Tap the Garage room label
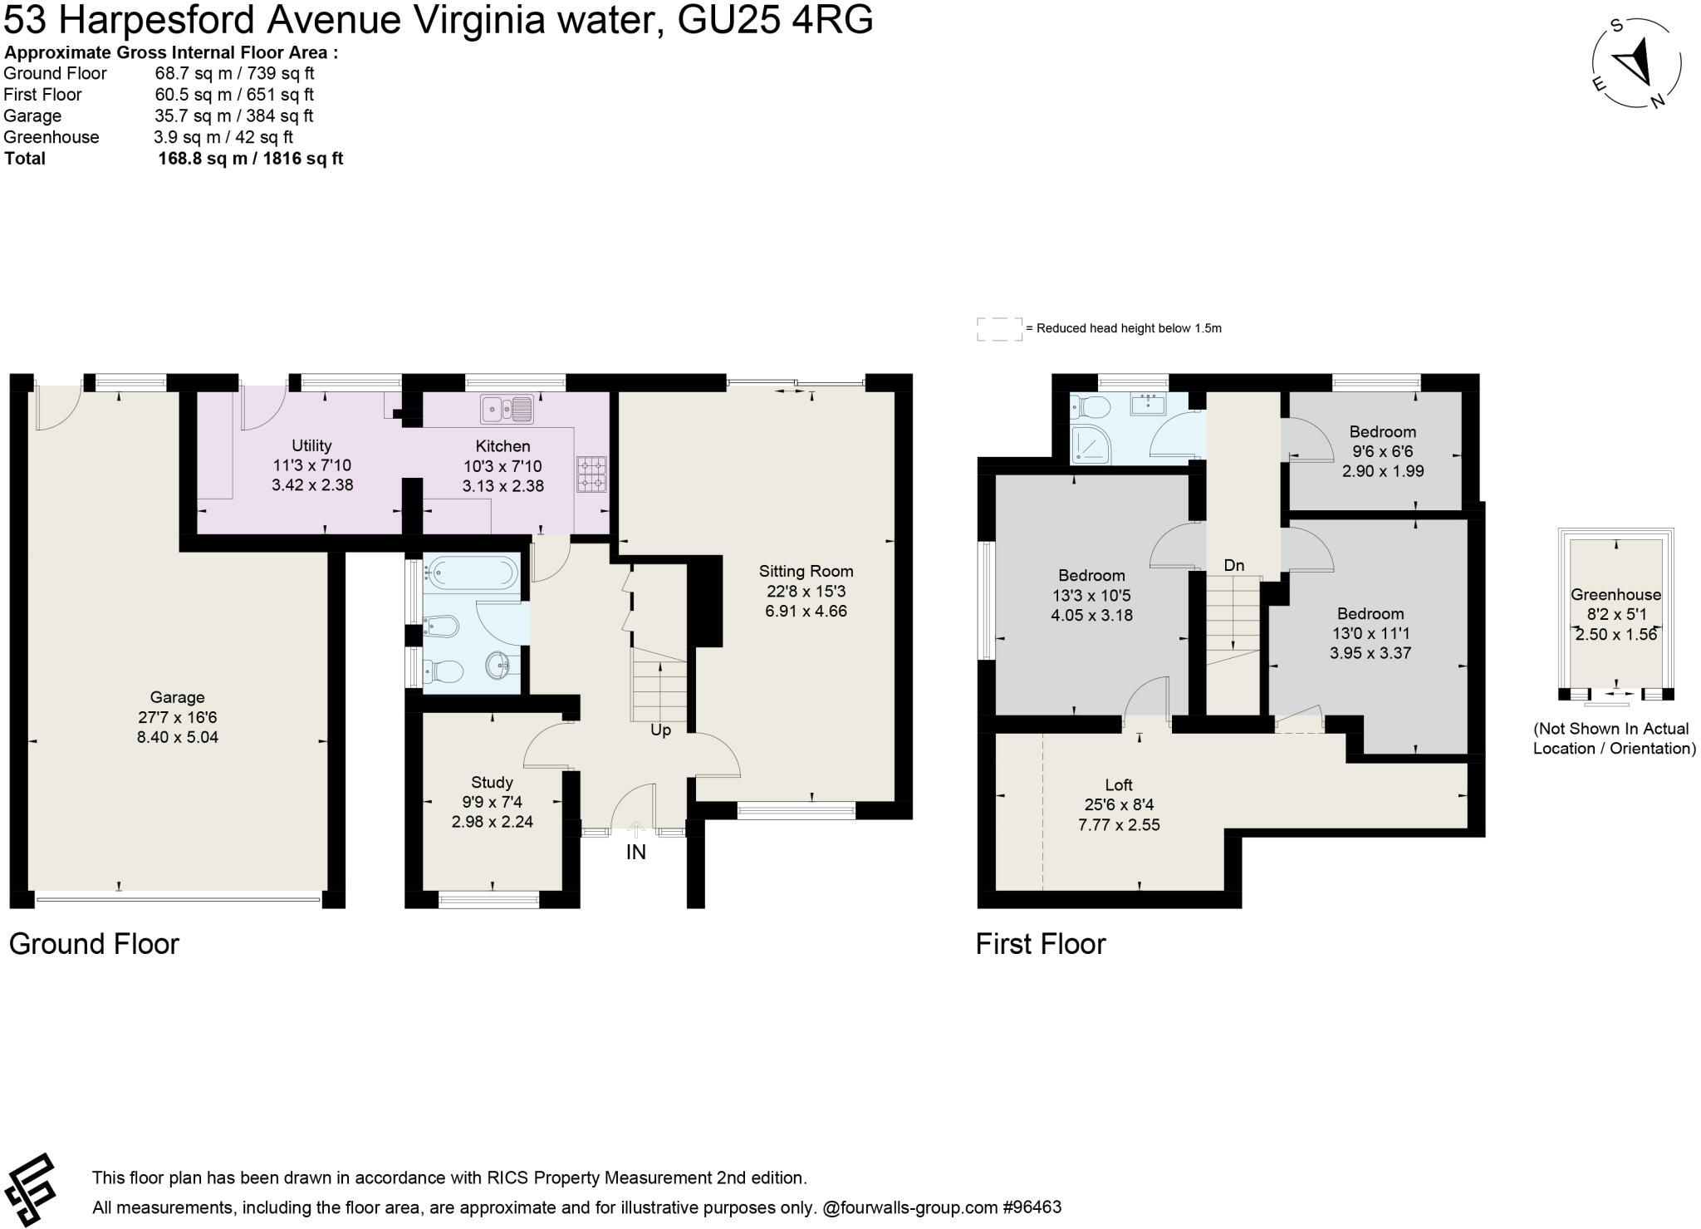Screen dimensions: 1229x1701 [177, 697]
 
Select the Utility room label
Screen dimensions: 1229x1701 [311, 445]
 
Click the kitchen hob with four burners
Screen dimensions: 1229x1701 [591, 474]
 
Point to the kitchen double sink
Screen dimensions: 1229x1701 [507, 409]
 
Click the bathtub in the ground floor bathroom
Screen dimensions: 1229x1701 [471, 572]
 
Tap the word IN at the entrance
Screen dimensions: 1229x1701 [635, 852]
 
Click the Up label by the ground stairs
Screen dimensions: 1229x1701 [660, 730]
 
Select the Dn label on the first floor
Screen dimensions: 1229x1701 [1234, 565]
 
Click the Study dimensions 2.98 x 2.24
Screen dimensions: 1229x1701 [492, 822]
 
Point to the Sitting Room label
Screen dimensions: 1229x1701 [806, 571]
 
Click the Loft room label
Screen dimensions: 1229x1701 [1119, 784]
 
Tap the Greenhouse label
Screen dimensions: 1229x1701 [1615, 594]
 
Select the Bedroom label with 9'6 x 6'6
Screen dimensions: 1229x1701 [1382, 431]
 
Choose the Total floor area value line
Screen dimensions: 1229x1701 [250, 159]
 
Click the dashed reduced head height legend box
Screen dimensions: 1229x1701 [999, 329]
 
